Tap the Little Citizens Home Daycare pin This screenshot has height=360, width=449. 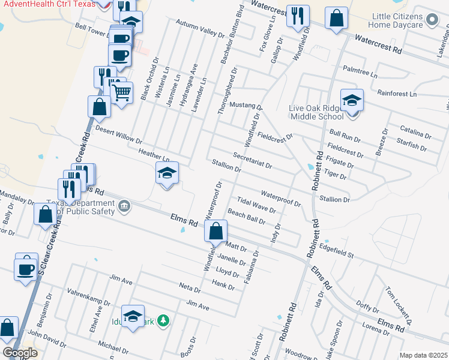pyautogui.click(x=432, y=22)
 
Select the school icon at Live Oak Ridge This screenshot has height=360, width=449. pyautogui.click(x=352, y=101)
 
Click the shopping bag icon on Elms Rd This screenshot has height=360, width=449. pyautogui.click(x=215, y=230)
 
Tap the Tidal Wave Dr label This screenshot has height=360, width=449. pyautogui.click(x=256, y=205)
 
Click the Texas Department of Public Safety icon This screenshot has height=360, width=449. pyautogui.click(x=124, y=208)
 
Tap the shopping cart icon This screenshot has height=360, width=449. pyautogui.click(x=122, y=93)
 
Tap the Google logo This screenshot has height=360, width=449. pyautogui.click(x=19, y=353)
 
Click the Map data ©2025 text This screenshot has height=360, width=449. pyautogui.click(x=423, y=355)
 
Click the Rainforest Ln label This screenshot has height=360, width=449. pyautogui.click(x=397, y=94)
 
